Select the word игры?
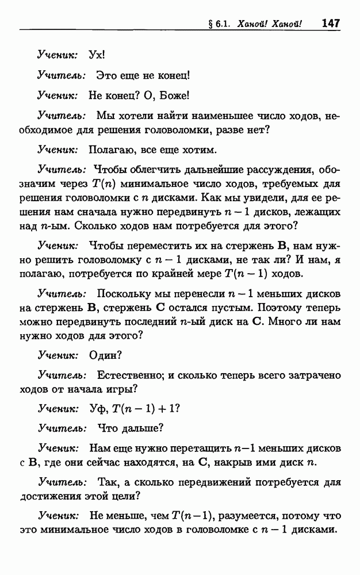[123, 389]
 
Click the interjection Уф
[96, 409]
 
